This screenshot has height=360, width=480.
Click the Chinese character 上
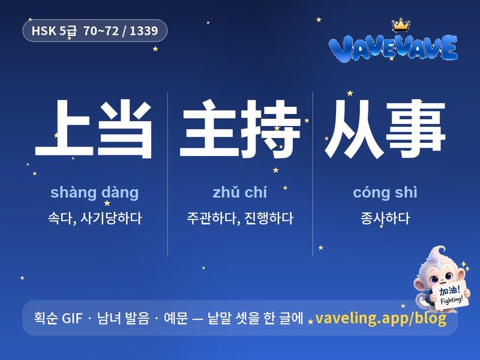tap(64, 128)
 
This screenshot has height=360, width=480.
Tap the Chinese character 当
tap(125, 129)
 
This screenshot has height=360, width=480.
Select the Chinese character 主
tap(208, 128)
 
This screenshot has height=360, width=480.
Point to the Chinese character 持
tap(269, 129)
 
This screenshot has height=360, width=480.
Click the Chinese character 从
tap(354, 129)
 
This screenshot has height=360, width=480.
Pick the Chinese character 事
tap(415, 129)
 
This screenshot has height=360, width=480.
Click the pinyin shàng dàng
tap(95, 193)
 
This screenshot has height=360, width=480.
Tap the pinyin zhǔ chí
tap(239, 192)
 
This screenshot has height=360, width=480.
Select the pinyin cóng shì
tap(385, 193)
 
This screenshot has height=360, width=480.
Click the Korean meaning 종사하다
tap(385, 218)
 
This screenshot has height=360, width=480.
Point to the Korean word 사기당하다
tap(111, 218)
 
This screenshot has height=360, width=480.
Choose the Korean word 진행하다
tap(269, 218)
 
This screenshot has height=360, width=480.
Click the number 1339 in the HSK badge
tap(144, 31)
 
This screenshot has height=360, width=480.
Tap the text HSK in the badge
tap(44, 31)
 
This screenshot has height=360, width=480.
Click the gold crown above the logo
tap(401, 25)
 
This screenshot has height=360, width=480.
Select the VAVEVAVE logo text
tap(393, 49)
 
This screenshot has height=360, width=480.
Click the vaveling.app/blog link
tap(380, 319)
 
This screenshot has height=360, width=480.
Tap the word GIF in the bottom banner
tap(72, 319)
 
